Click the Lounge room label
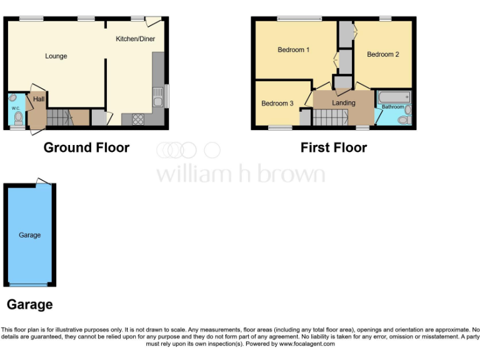[x=56, y=56]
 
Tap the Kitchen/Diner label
[x=135, y=39]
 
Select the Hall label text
[x=39, y=99]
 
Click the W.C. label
[x=16, y=107]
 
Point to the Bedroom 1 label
[x=293, y=50]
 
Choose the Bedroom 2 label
[x=382, y=54]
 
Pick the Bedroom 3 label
[x=277, y=104]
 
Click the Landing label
[x=343, y=102]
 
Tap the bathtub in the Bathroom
[x=394, y=97]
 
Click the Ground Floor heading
[x=86, y=148]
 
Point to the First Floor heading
[x=333, y=148]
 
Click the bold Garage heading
[x=29, y=305]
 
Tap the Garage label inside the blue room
[x=29, y=235]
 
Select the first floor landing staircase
[x=329, y=117]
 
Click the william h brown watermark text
[x=240, y=174]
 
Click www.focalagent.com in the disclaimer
[x=307, y=344]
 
